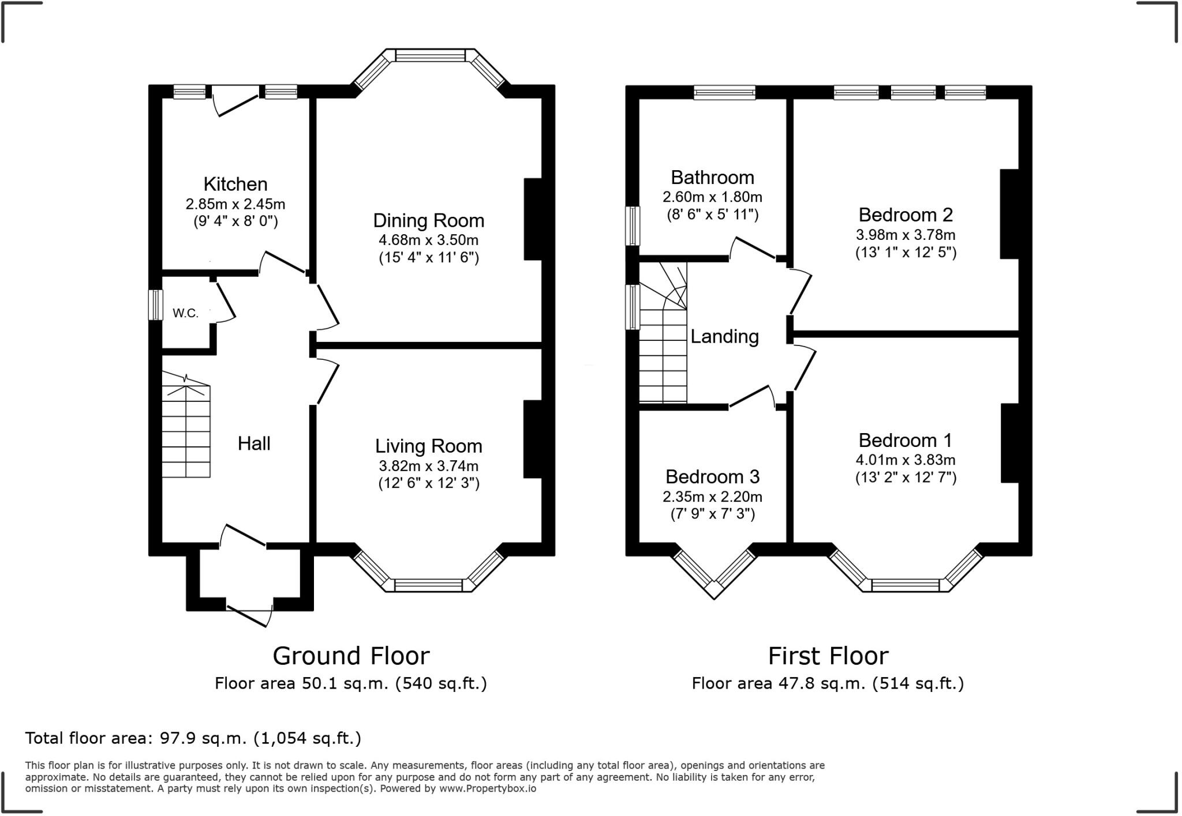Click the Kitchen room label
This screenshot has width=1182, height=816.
[235, 184]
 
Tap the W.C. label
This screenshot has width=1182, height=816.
[185, 313]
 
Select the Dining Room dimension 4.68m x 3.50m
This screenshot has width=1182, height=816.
[429, 240]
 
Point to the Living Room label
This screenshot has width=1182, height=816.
[429, 446]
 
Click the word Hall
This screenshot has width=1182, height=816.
[254, 443]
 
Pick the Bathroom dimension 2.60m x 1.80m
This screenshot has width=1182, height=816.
[712, 197]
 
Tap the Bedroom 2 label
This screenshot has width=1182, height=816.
[906, 215]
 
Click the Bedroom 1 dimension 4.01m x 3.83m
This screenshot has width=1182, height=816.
[906, 460]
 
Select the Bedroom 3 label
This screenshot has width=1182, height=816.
[713, 476]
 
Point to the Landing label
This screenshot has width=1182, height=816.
[724, 336]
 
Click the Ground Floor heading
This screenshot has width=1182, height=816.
[351, 656]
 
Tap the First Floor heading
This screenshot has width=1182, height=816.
[828, 656]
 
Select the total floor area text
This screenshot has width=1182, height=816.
[193, 738]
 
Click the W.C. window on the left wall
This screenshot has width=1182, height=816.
[155, 304]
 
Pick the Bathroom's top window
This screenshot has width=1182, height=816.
[724, 92]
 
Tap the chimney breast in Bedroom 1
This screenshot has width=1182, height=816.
[1010, 443]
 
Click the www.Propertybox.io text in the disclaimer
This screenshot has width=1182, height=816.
[488, 788]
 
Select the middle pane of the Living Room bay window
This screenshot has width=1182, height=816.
[429, 585]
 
